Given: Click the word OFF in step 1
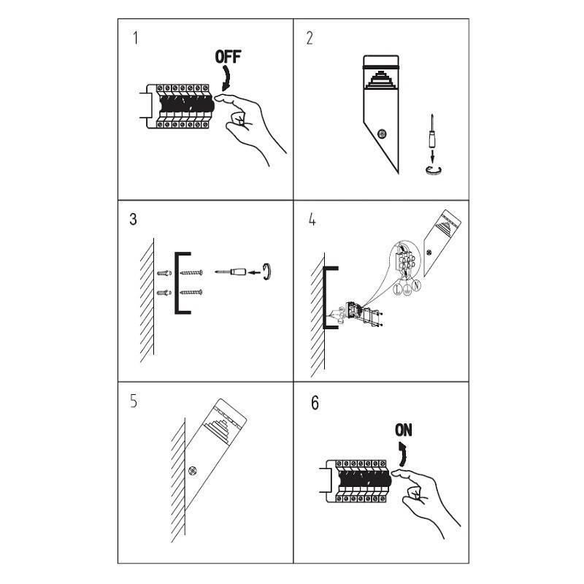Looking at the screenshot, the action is click(228, 57).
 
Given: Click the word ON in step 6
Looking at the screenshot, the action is click(404, 430).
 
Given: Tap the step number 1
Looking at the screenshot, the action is click(135, 38).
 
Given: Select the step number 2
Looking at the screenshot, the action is click(310, 38).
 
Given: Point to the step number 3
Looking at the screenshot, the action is click(133, 219).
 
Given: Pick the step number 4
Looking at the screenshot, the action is click(312, 220).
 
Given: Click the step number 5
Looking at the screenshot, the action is click(134, 401).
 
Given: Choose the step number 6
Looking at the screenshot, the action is click(315, 403).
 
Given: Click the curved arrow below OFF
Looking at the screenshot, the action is click(226, 79).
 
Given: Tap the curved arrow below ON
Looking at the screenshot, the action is click(403, 454).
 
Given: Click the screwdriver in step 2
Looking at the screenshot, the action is click(431, 131).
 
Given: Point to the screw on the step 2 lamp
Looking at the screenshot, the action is click(382, 134).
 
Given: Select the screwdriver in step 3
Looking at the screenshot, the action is click(231, 272).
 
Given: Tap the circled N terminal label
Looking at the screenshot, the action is click(417, 285).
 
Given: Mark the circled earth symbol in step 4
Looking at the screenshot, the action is click(407, 289).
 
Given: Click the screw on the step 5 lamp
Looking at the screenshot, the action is click(193, 470).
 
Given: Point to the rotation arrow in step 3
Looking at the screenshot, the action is click(266, 272).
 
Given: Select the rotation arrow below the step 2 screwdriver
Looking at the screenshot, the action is click(434, 170).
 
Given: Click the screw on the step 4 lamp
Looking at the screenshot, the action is click(429, 253).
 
